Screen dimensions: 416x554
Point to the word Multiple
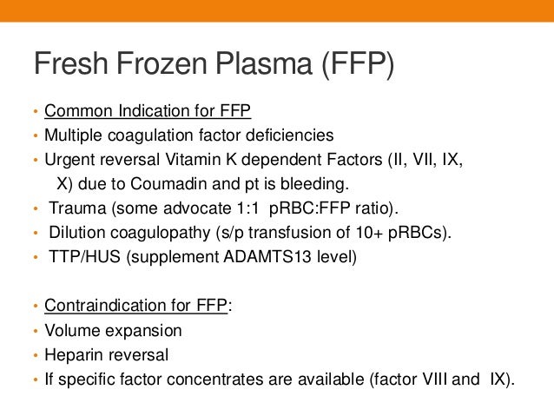tap(71, 135)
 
